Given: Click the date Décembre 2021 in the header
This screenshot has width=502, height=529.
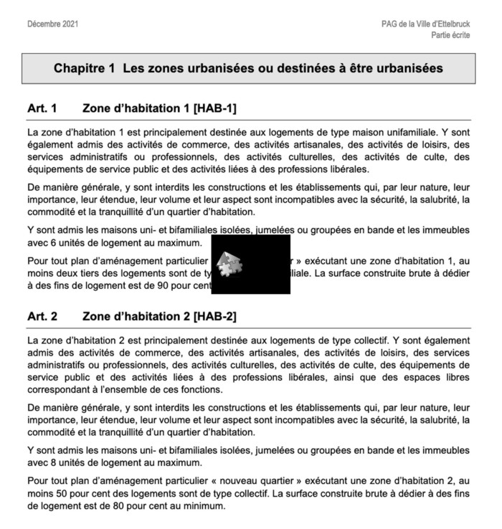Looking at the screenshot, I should coord(52,24).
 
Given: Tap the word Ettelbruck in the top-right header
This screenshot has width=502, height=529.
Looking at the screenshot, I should coord(450,24).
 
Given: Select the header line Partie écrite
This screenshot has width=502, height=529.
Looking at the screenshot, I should coord(450,35).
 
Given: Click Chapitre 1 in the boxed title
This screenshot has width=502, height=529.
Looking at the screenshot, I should coord(85,69).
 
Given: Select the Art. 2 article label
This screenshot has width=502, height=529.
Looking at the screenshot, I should coord(42,315).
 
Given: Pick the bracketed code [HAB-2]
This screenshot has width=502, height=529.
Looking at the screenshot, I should coord(214,315).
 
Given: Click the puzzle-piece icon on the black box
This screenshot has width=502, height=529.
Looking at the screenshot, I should coord(229,264).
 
